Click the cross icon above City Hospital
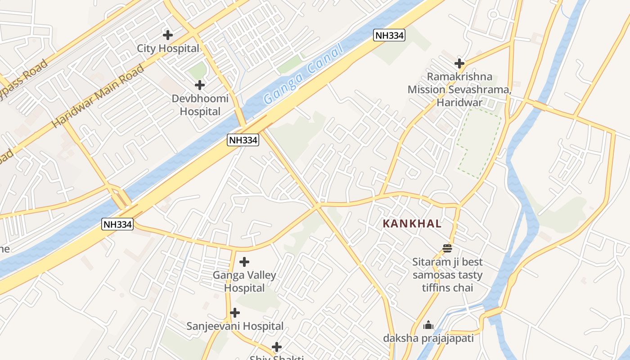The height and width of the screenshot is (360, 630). [168, 35]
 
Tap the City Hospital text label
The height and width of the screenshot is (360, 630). [168, 49]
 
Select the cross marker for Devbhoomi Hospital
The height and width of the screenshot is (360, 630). [200, 85]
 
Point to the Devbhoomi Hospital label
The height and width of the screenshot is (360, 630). [200, 105]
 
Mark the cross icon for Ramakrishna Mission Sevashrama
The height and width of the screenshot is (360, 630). [459, 63]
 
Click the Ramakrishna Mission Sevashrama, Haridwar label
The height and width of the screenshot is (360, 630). [459, 90]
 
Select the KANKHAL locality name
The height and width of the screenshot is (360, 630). [412, 224]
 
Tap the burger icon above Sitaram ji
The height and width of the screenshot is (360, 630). [447, 248]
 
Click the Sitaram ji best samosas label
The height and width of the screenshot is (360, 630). [447, 274]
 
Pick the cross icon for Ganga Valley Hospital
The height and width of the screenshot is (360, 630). [244, 261]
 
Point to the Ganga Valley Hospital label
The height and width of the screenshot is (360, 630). [244, 281]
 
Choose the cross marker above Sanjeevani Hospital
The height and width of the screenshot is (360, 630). [234, 313]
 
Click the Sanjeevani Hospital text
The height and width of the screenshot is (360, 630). [235, 326]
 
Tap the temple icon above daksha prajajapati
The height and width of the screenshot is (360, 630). [428, 325]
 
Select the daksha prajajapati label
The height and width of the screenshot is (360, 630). [428, 338]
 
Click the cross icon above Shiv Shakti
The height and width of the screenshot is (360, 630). [277, 347]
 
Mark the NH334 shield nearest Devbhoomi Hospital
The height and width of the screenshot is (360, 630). [243, 140]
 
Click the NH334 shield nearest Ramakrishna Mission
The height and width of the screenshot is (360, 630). [389, 35]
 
